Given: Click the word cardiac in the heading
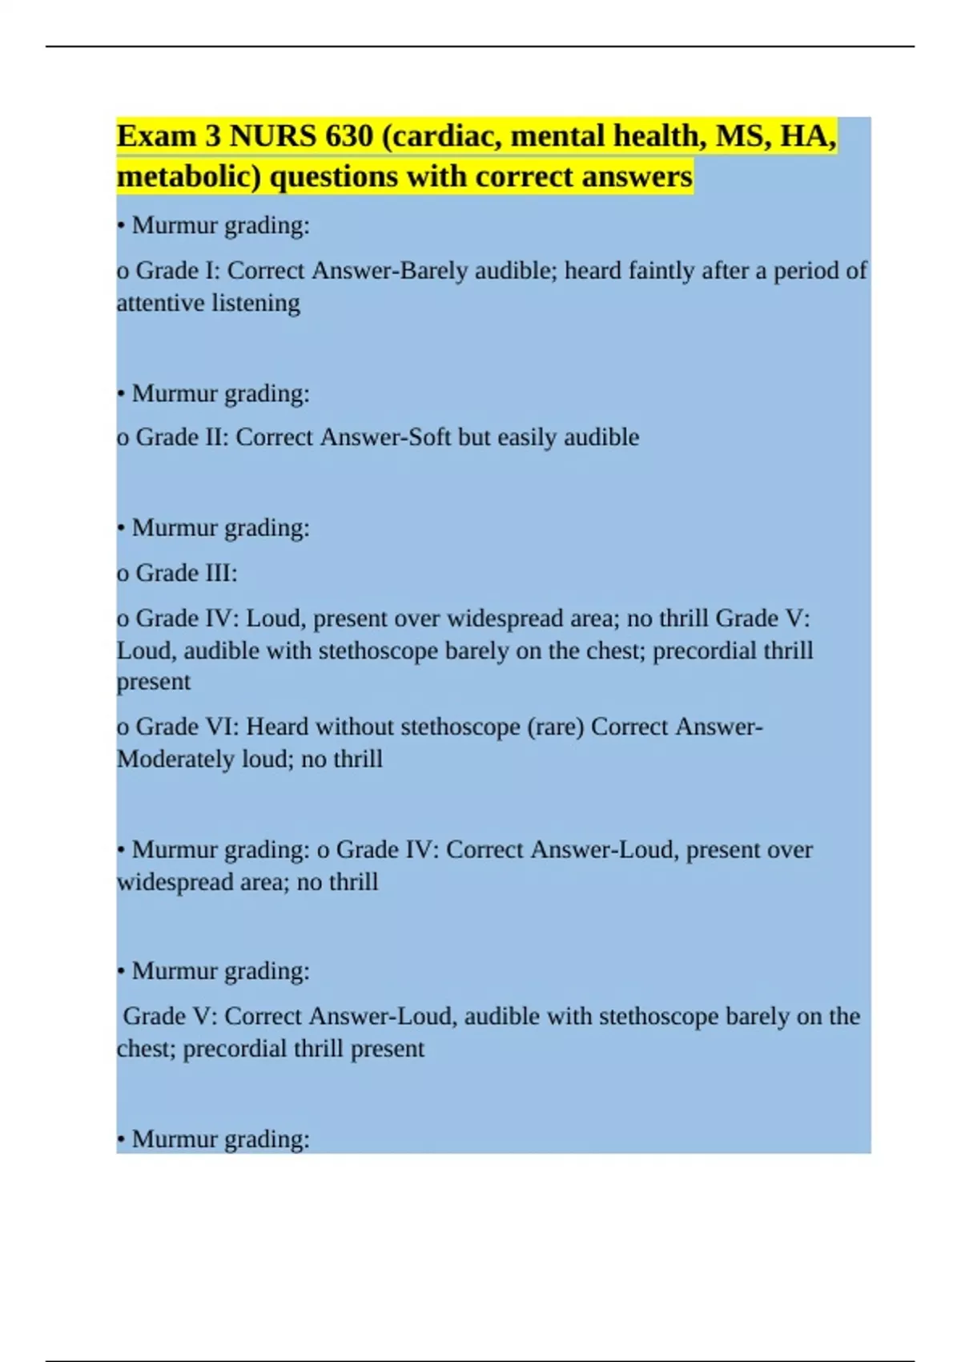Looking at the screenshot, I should click(441, 137).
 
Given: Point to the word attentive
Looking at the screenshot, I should click(160, 303).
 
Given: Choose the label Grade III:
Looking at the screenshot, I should click(186, 573).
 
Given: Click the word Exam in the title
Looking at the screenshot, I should click(156, 137).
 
